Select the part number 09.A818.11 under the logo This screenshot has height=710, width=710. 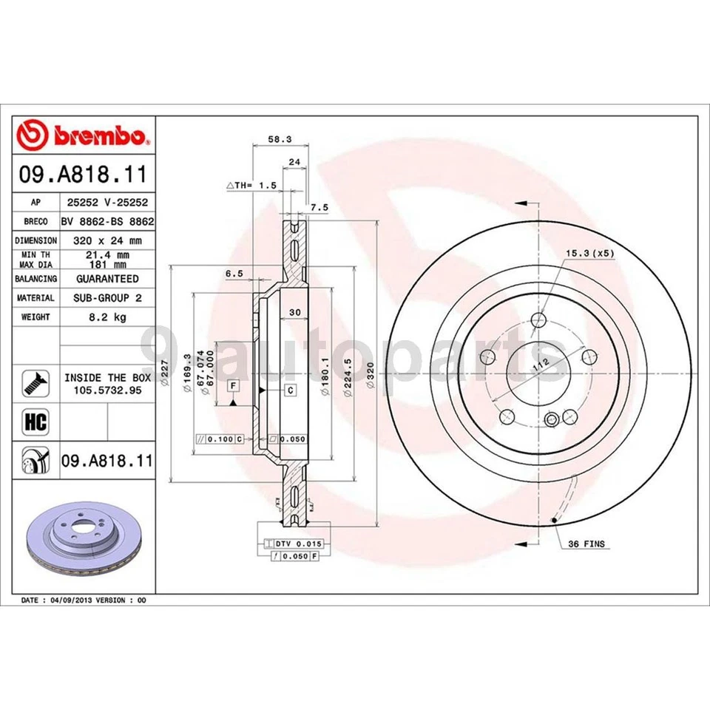[x=84, y=175]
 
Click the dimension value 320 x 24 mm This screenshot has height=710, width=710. [x=107, y=240]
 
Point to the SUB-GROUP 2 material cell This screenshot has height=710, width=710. [x=107, y=297]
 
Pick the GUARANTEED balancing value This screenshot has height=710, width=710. [x=107, y=279]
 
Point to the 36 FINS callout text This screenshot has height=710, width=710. [x=586, y=544]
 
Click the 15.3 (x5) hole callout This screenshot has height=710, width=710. [x=590, y=253]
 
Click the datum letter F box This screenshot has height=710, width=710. [x=232, y=386]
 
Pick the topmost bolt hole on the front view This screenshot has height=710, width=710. [x=538, y=321]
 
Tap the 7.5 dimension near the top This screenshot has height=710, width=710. [x=319, y=209]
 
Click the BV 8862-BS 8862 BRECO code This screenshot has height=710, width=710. [x=107, y=221]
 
